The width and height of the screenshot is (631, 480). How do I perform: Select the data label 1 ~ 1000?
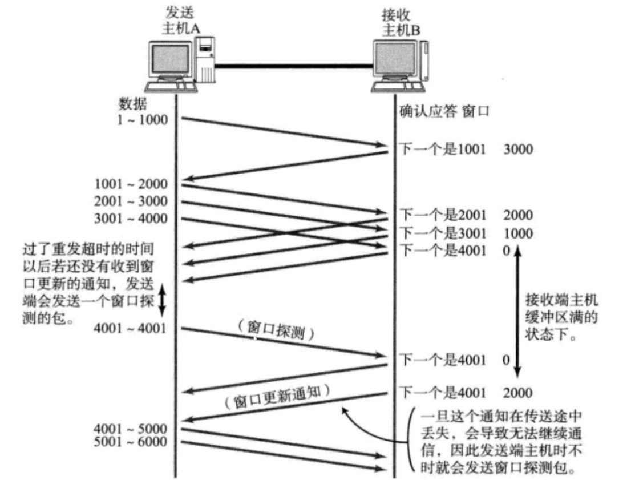143,120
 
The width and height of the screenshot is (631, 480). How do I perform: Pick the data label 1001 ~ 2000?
132,184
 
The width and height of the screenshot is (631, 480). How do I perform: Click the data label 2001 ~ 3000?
132,201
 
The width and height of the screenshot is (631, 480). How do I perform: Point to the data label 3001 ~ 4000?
132,219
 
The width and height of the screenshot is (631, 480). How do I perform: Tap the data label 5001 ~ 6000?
132,442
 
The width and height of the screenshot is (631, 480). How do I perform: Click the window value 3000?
518,150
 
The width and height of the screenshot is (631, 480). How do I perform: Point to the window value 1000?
518,233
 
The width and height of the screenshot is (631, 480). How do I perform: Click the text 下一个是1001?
443,150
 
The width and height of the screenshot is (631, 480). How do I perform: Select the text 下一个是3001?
443,233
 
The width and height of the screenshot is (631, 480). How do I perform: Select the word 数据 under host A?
132,103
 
